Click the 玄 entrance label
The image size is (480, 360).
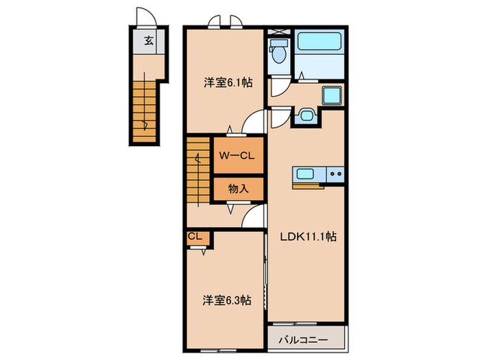[149, 40]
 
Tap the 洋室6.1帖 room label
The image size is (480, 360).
[228, 82]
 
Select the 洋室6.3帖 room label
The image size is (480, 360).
[227, 300]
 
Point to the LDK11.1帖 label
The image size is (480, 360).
[309, 237]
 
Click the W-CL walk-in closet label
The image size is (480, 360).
[237, 156]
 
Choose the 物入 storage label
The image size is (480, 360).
[238, 189]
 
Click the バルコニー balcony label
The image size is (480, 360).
[303, 340]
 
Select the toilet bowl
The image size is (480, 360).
[278, 51]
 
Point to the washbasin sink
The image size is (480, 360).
[306, 115]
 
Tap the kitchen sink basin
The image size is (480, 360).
[304, 174]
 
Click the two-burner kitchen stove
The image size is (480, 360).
[335, 174]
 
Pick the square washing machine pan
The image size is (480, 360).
[331, 95]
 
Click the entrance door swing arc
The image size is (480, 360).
[147, 16]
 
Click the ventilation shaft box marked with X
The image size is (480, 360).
[279, 32]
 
